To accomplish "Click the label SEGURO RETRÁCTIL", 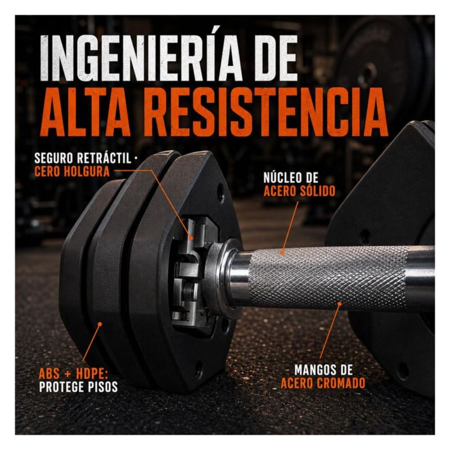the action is click(x=82, y=158).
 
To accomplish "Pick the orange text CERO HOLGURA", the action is click(x=72, y=172).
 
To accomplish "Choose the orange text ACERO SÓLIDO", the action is click(x=299, y=191).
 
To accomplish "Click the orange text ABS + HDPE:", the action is click(x=73, y=373).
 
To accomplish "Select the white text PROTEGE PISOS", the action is click(x=78, y=387).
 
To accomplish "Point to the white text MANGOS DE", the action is click(x=323, y=370).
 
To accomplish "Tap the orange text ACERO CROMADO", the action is click(x=323, y=383).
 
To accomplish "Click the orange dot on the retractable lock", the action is click(x=191, y=237).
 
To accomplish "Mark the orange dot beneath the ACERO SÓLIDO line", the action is click(x=282, y=253).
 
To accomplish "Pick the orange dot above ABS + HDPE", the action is click(x=100, y=324).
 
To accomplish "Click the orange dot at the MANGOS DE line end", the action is click(x=340, y=303).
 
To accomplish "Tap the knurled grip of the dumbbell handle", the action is click(x=327, y=277).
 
